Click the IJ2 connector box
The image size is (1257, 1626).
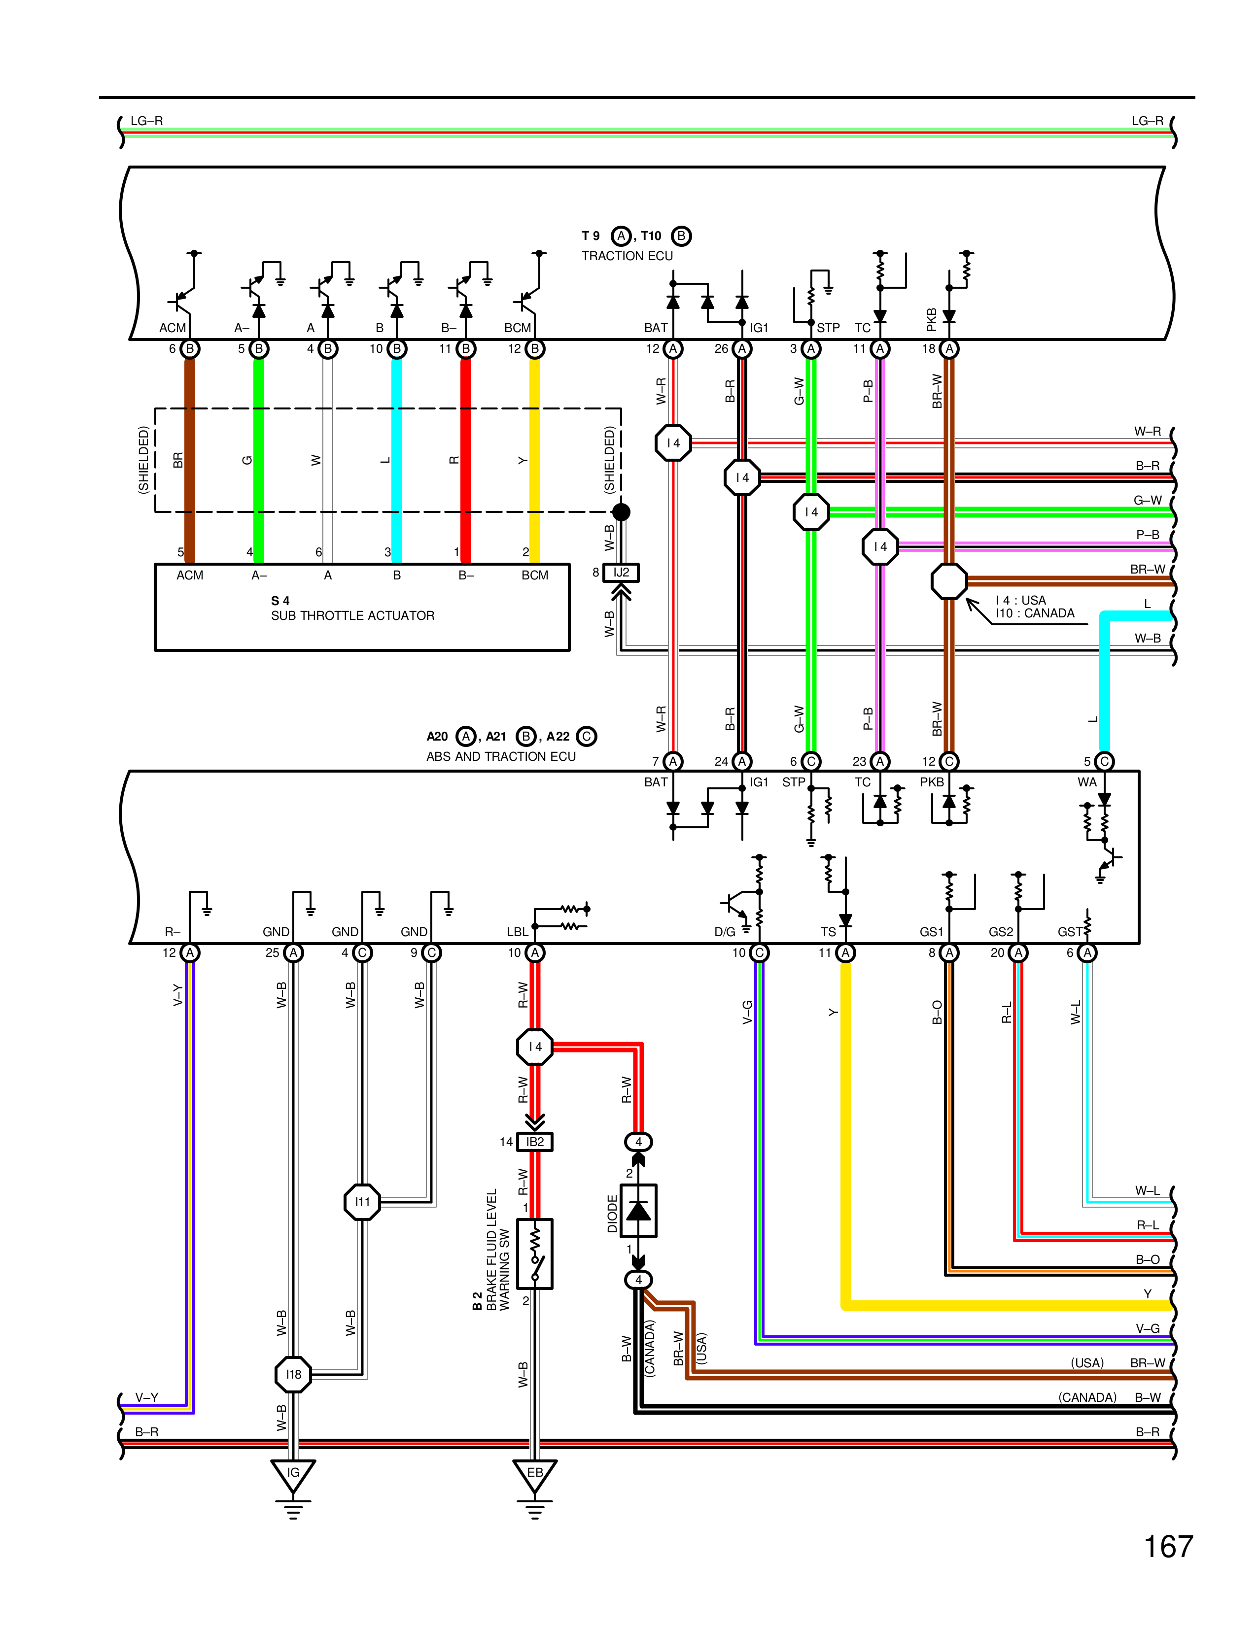[x=621, y=573]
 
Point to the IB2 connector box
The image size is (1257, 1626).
[x=535, y=1141]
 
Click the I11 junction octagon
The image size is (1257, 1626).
[x=363, y=1202]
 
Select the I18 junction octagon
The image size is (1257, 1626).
[x=293, y=1374]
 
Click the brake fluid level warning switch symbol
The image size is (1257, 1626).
[x=535, y=1254]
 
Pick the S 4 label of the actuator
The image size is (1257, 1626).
[x=280, y=601]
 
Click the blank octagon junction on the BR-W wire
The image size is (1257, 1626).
[x=949, y=581]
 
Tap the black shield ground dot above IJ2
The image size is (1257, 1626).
[x=621, y=511]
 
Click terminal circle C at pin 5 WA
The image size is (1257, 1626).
[x=1104, y=761]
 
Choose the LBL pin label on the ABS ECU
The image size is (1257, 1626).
[x=518, y=931]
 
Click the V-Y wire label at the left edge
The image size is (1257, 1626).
[x=147, y=1397]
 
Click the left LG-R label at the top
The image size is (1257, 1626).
[x=147, y=121]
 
